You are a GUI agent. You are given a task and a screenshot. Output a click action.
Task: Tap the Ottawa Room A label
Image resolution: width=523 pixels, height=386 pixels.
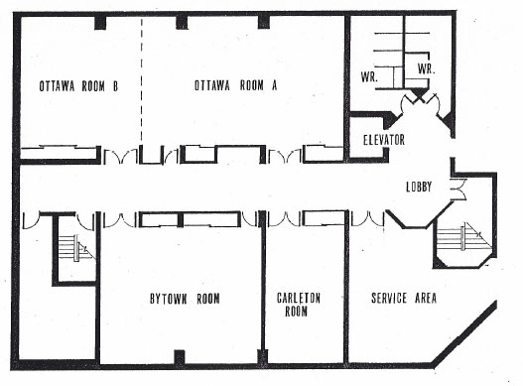point(235,85)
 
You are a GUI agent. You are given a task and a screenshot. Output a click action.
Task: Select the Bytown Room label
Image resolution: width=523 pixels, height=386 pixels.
point(184,298)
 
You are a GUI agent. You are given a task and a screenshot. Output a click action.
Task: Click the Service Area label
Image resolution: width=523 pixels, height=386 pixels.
point(402,298)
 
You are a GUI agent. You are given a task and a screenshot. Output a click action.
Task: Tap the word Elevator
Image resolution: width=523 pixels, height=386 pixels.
point(383,140)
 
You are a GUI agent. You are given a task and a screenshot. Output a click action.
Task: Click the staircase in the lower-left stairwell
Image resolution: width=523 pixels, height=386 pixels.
point(75,247)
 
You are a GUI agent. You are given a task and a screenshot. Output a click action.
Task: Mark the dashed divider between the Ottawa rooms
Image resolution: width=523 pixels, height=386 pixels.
point(141,84)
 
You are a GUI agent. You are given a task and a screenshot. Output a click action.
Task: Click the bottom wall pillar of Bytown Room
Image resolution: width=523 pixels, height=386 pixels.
point(178,356)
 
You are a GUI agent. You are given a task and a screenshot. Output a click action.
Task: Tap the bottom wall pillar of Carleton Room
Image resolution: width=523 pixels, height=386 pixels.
point(305,356)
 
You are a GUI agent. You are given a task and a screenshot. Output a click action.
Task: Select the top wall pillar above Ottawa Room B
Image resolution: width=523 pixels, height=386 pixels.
point(100,21)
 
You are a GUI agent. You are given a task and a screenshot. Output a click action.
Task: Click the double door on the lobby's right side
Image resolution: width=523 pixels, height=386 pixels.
point(458,188)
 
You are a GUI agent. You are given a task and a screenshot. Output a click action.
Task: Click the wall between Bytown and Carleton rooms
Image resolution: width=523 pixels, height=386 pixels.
point(263,293)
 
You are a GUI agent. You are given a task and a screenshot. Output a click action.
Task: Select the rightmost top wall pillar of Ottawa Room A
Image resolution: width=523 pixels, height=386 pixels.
point(263,21)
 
